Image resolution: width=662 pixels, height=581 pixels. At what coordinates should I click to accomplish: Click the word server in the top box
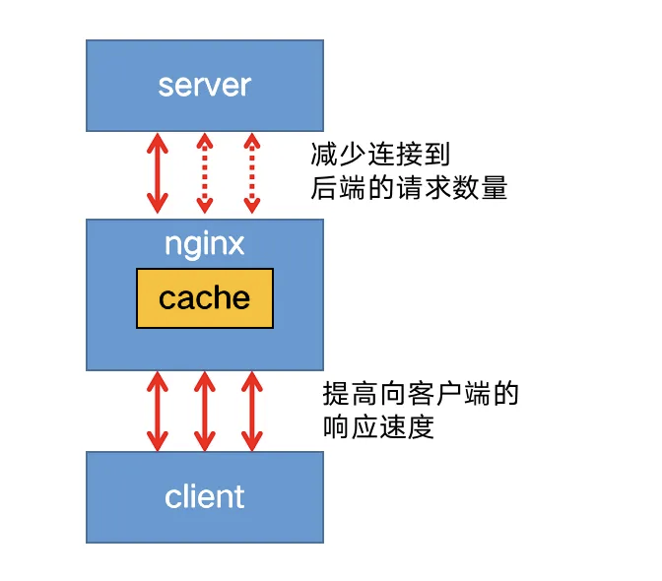[x=204, y=85]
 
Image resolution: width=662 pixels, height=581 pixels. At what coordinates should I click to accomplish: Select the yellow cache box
[x=204, y=297]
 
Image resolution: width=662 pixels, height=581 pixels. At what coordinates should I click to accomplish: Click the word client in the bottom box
[x=204, y=495]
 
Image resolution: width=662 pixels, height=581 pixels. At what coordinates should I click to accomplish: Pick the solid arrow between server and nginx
[x=157, y=173]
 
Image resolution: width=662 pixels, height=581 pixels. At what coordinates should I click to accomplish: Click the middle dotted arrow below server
[x=204, y=173]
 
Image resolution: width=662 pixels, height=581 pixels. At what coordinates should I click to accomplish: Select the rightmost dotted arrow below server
[x=251, y=173]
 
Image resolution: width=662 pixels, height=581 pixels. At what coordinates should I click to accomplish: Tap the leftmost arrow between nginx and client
[x=157, y=410]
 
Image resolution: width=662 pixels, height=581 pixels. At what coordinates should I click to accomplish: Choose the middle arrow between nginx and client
[x=204, y=410]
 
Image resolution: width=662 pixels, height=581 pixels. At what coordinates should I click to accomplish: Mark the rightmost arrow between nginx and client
[x=251, y=410]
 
